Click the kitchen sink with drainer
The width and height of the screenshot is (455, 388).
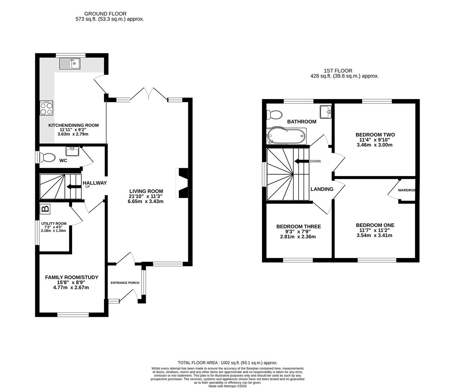(69, 64)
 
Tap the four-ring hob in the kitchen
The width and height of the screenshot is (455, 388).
(46, 108)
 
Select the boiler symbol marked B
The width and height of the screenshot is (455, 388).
(45, 209)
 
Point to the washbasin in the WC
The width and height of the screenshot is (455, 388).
(72, 152)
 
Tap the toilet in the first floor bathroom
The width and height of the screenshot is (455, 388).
(274, 115)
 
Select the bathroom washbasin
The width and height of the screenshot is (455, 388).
(325, 112)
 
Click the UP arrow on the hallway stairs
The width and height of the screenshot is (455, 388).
(74, 187)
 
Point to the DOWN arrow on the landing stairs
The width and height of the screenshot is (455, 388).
(302, 161)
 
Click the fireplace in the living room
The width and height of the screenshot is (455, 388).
(182, 183)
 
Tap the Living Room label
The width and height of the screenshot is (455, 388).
(146, 191)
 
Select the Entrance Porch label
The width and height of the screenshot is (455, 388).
(125, 283)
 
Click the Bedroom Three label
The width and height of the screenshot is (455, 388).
(298, 227)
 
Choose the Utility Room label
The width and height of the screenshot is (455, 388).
(54, 223)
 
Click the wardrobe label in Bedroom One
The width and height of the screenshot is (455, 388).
(406, 190)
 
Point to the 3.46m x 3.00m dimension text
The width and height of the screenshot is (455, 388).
(374, 145)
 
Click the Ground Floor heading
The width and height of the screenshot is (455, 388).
(105, 14)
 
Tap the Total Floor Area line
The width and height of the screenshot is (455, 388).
(227, 363)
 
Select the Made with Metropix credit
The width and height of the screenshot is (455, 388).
(227, 386)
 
